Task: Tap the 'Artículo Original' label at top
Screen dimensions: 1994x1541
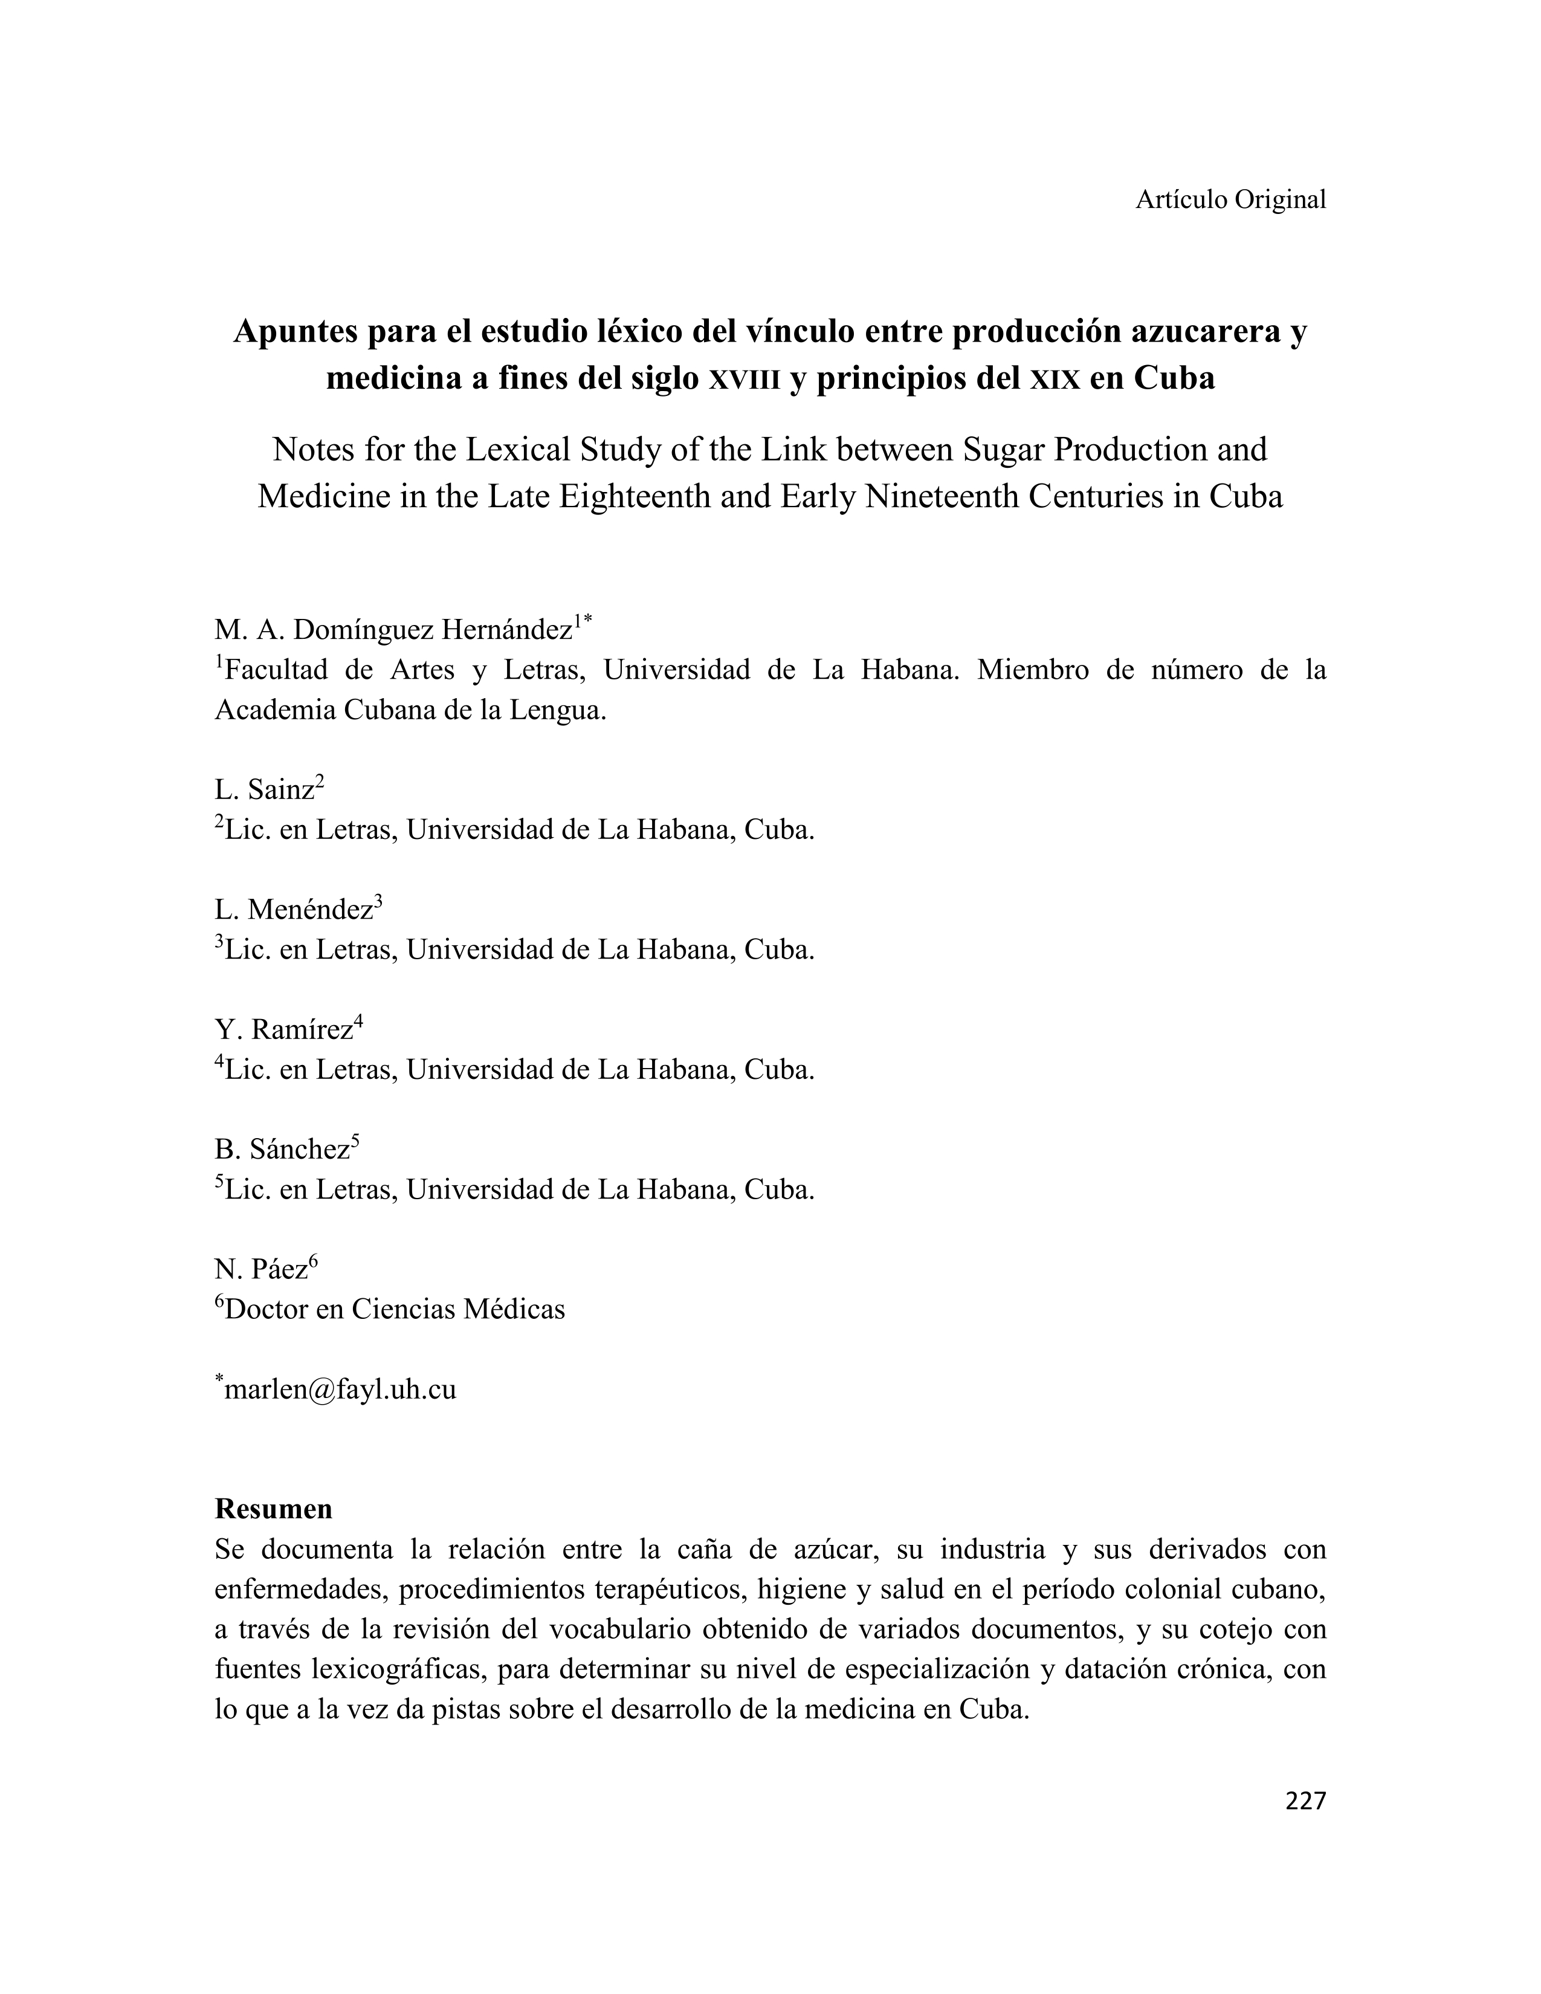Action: (x=1230, y=199)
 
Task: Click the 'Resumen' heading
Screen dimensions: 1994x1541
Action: (x=273, y=1508)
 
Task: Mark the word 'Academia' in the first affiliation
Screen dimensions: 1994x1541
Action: (x=275, y=710)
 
